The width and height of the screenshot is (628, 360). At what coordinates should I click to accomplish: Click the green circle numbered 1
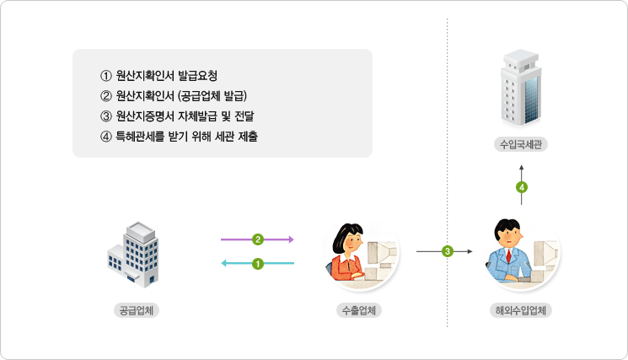coord(258,264)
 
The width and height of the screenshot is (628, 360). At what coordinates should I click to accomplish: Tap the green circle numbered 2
coord(258,239)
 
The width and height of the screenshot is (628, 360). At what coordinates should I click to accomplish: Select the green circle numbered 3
coord(448,251)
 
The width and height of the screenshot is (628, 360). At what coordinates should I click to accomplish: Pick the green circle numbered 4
coord(522,187)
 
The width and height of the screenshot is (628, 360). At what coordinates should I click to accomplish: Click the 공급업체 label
coord(137,310)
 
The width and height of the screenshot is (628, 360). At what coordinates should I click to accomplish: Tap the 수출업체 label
coord(359,310)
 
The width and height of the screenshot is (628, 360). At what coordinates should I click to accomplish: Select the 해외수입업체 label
coord(521,310)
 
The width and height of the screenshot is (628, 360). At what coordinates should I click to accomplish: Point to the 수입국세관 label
coord(521,144)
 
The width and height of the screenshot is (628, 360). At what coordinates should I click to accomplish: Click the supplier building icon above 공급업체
coord(133,255)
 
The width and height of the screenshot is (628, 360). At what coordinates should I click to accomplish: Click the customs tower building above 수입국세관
coord(521,88)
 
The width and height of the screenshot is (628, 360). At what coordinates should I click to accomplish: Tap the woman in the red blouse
coord(346,253)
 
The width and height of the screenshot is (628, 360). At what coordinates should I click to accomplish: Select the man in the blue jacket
coord(507,251)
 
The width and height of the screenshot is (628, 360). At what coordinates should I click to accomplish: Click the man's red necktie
coord(508,255)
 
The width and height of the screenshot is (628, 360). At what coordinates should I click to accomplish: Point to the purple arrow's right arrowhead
coord(291,239)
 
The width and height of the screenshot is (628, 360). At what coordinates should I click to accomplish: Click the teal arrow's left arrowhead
coord(224,263)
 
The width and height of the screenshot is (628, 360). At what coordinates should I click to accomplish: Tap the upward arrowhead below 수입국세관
coord(522,167)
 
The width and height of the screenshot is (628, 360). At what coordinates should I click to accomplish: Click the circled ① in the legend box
coord(105,76)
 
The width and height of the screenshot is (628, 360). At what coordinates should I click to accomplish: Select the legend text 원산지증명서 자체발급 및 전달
coord(185,116)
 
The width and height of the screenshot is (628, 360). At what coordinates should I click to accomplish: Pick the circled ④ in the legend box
coord(105,137)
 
